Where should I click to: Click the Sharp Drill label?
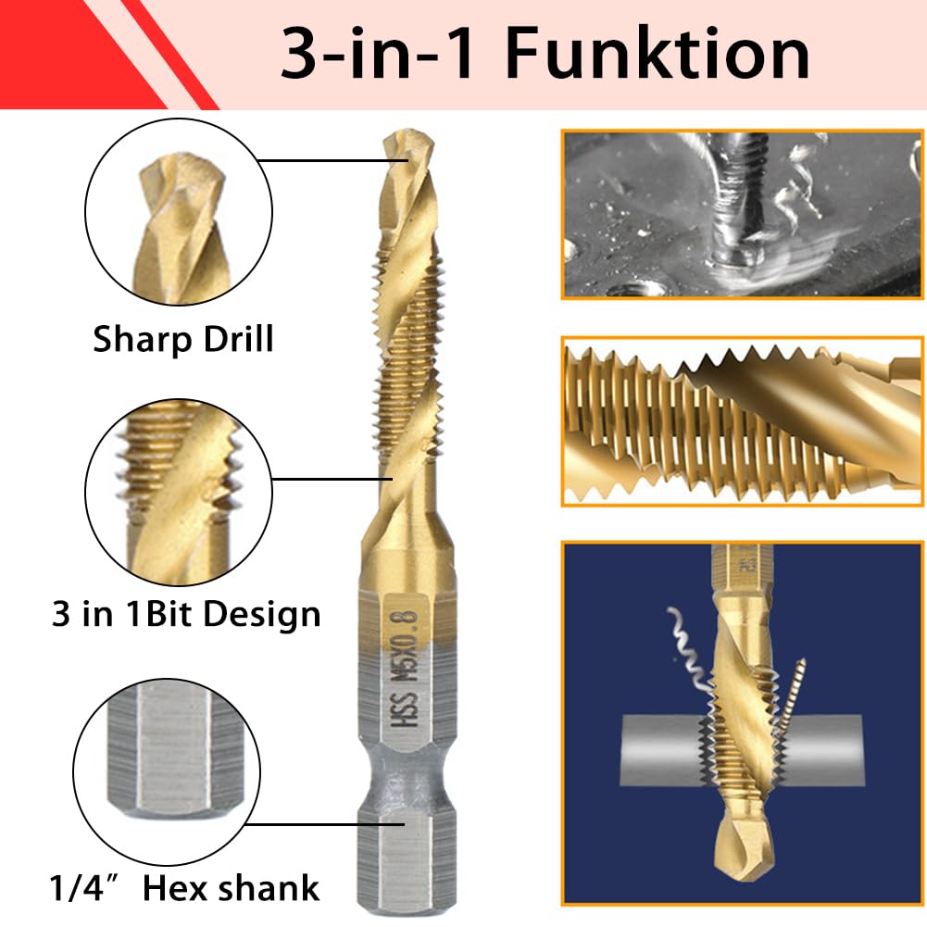(x=183, y=339)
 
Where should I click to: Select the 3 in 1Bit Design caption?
(x=185, y=614)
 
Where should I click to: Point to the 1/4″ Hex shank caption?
(x=184, y=887)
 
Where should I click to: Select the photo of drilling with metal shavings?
(x=742, y=214)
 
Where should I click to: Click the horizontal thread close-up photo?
(x=742, y=420)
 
